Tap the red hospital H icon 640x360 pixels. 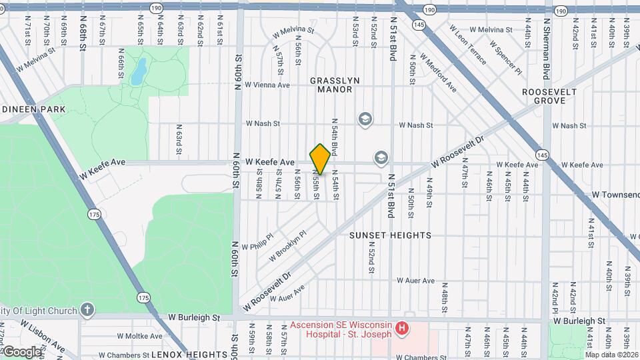pos(401,328)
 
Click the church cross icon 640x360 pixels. pos(87,310)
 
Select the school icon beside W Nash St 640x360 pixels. pos(365,119)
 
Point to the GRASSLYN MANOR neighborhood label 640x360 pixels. pos(335,85)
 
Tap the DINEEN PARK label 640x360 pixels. pos(34,109)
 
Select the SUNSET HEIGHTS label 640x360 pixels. pos(390,235)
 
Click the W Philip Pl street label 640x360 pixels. pos(257,242)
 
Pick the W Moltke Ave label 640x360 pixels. pos(139,336)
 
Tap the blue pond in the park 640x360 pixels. pos(138,72)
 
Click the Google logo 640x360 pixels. pos(21,351)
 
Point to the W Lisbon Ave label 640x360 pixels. pos(42,336)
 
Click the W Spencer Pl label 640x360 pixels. pos(504,56)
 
